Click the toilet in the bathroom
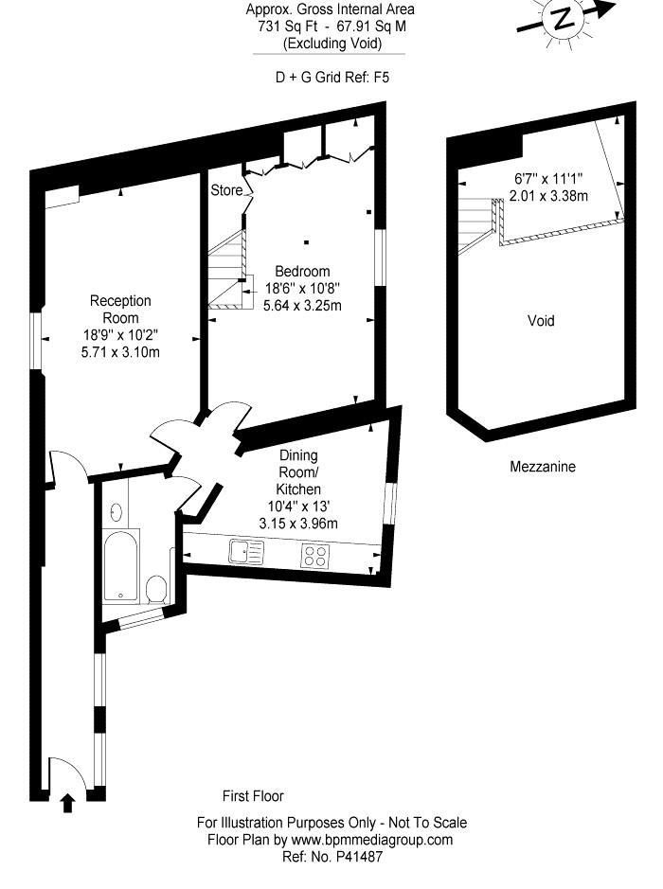[x=155, y=590]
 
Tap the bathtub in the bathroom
[x=121, y=565]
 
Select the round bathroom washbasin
[x=116, y=512]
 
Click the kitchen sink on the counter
[x=246, y=552]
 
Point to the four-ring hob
[x=316, y=555]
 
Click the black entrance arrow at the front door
[x=67, y=803]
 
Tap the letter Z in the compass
[x=563, y=19]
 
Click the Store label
[x=226, y=190]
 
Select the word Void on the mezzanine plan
[x=541, y=321]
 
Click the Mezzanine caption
[x=543, y=467]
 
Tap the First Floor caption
[x=253, y=796]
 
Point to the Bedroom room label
[x=302, y=271]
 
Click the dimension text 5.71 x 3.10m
[x=121, y=352]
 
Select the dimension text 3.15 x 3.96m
[x=298, y=524]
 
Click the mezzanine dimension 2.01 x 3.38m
[x=548, y=196]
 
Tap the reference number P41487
[x=360, y=856]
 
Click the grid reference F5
[x=381, y=77]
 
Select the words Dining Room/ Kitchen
[x=298, y=472]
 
